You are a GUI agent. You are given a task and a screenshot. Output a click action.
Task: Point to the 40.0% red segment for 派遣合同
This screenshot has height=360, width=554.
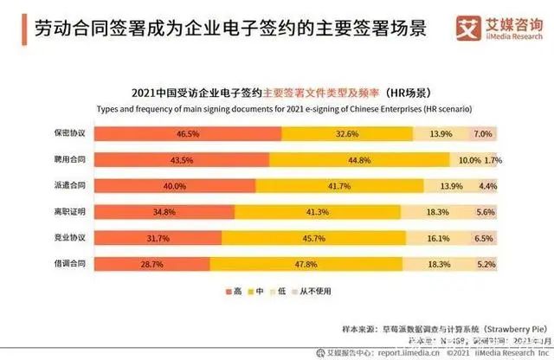pyautogui.click(x=175, y=186)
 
